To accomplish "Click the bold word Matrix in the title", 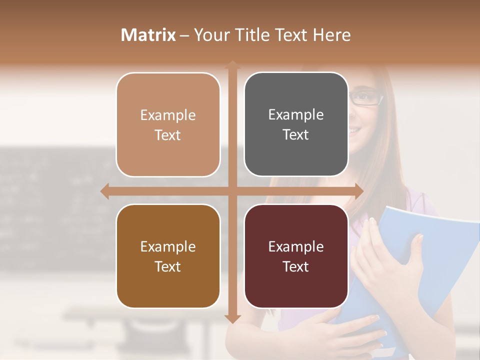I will pyautogui.click(x=148, y=35).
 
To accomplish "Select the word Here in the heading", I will pyautogui.click(x=331, y=35).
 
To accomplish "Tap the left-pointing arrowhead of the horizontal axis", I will pyautogui.click(x=105, y=191).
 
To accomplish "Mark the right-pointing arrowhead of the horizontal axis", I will pyautogui.click(x=358, y=191).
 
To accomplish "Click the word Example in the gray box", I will pyautogui.click(x=296, y=115).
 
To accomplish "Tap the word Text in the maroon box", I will pyautogui.click(x=296, y=266).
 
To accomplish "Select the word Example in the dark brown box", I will pyautogui.click(x=168, y=247).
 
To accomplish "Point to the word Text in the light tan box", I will pyautogui.click(x=168, y=135).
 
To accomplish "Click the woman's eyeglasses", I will pyautogui.click(x=366, y=98).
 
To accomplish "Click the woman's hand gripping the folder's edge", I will pyautogui.click(x=395, y=250).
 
